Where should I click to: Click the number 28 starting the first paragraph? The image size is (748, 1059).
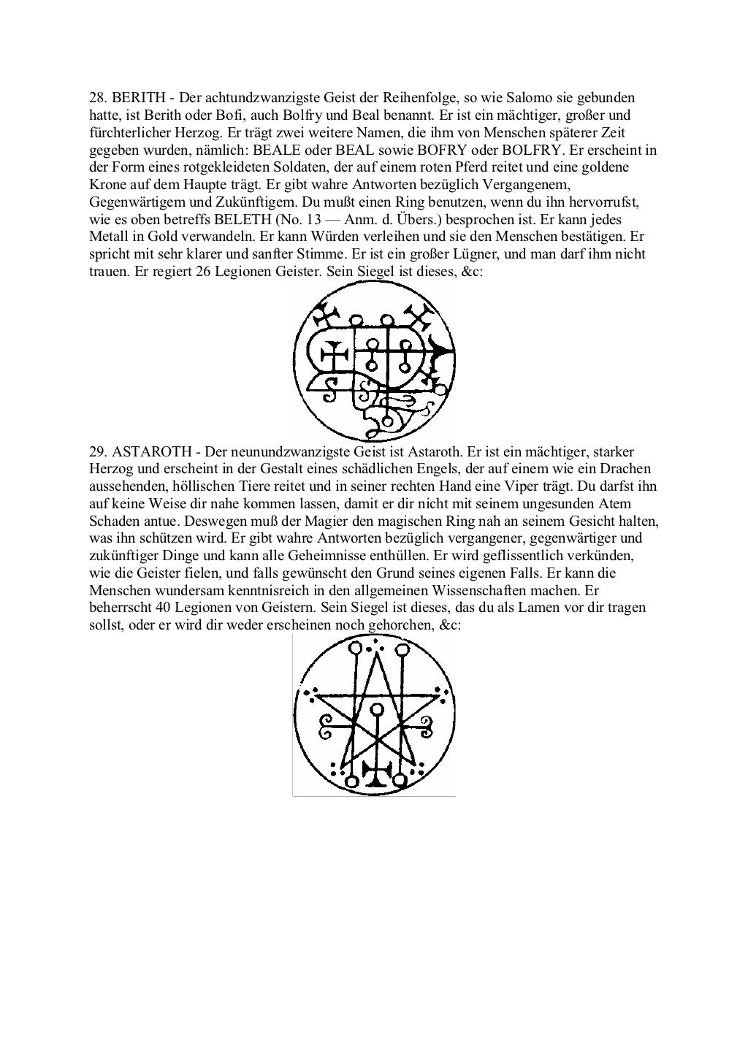pyautogui.click(x=96, y=98)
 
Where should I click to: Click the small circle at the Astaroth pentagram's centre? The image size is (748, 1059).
pyautogui.click(x=376, y=709)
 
